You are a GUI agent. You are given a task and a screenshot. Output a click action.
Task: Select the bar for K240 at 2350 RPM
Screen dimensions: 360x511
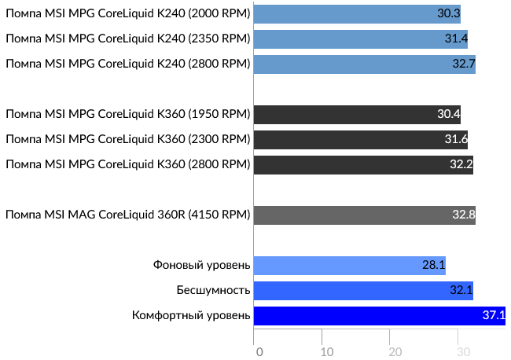[x=361, y=39]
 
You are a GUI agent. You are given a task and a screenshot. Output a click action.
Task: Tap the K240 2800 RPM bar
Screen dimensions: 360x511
[x=365, y=64]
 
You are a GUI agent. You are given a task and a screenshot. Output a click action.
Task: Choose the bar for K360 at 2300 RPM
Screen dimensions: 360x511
[x=361, y=140]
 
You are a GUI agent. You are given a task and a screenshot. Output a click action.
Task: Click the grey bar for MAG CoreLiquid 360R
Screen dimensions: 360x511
[x=365, y=215]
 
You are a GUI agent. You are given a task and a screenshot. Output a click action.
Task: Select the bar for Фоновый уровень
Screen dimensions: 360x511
[x=350, y=265]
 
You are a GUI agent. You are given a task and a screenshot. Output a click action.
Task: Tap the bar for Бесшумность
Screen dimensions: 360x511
[x=363, y=290]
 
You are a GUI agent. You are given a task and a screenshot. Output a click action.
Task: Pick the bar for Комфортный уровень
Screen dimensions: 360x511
[x=380, y=316]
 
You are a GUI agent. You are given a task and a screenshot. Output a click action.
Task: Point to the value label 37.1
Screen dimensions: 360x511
[x=493, y=316]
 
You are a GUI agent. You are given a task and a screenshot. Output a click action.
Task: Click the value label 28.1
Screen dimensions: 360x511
[x=433, y=265]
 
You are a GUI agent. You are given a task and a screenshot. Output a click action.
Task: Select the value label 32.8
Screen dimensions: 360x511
[x=463, y=215]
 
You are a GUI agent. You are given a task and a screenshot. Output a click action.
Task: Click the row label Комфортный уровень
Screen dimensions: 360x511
[x=191, y=316]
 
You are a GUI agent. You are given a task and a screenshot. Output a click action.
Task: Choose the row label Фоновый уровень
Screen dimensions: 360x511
[x=201, y=265]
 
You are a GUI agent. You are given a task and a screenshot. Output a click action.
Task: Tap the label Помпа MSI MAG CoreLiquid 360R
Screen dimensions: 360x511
[x=128, y=215]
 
